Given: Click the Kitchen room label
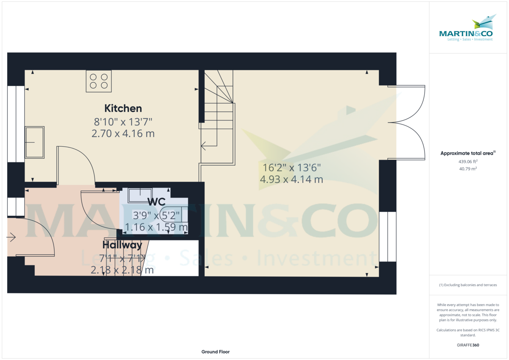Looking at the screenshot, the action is point(123,109).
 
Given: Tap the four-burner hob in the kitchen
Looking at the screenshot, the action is point(98,81).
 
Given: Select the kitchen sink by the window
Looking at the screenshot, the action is point(34,142).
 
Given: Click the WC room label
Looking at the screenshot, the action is point(157,202).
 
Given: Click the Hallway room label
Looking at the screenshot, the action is point(122,245).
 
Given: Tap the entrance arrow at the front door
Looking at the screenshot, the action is point(11,237).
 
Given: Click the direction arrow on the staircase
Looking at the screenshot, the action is point(209,146).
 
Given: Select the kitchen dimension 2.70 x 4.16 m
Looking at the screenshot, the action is point(123,134).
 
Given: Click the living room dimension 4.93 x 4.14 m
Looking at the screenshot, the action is point(291,179).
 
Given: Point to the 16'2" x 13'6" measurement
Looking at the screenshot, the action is point(291,168).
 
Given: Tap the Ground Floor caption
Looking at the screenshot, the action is point(215,352).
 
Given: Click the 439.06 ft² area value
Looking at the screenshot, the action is point(468,162).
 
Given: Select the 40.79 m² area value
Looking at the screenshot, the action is point(468,168).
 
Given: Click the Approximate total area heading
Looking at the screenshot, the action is point(468,153).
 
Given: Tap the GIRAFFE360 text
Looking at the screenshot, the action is point(468,345).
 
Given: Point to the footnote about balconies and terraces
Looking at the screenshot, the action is point(468,285).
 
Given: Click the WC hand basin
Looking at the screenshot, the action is point(140,195).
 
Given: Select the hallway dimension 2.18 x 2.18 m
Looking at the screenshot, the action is point(122,270).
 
